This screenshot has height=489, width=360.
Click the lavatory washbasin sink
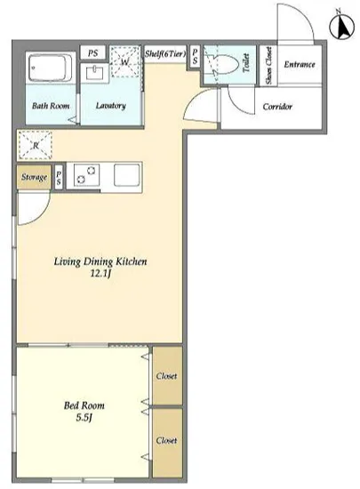pyautogui.click(x=95, y=73)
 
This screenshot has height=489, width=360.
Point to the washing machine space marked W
pyautogui.click(x=124, y=61)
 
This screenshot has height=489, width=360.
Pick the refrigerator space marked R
pyautogui.click(x=35, y=145)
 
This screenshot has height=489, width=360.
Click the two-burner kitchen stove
pyautogui.click(x=86, y=175)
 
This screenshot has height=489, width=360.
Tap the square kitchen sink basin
pyautogui.click(x=126, y=175)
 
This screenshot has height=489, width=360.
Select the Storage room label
pyautogui.click(x=34, y=177)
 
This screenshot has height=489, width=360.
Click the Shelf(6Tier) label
pyautogui.click(x=164, y=53)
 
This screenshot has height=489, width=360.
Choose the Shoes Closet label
pyautogui.click(x=268, y=66)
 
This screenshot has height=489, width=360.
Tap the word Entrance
pyautogui.click(x=300, y=65)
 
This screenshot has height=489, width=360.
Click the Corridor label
pyautogui.click(x=277, y=107)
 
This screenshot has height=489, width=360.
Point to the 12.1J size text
pyautogui.click(x=100, y=274)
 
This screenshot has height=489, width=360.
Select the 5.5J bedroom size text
pyautogui.click(x=84, y=417)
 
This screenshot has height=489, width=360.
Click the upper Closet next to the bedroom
pyautogui.click(x=166, y=376)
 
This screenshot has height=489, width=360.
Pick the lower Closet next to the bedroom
pyautogui.click(x=166, y=440)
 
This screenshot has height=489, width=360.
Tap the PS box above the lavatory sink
pyautogui.click(x=92, y=53)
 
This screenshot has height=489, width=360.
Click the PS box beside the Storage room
pyautogui.click(x=59, y=177)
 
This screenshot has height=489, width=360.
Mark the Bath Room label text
pyautogui.click(x=51, y=106)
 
